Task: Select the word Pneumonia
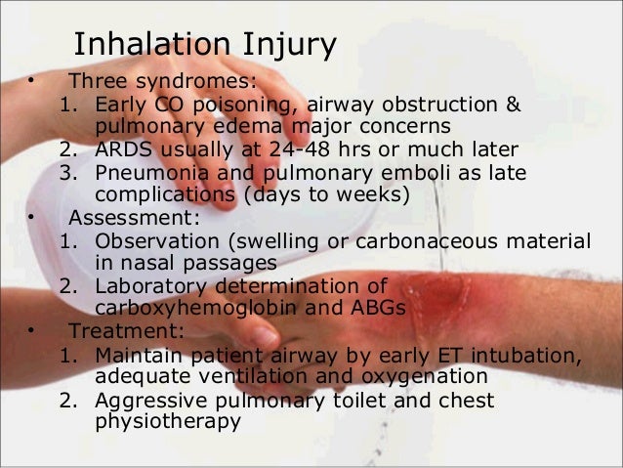click(x=150, y=172)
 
